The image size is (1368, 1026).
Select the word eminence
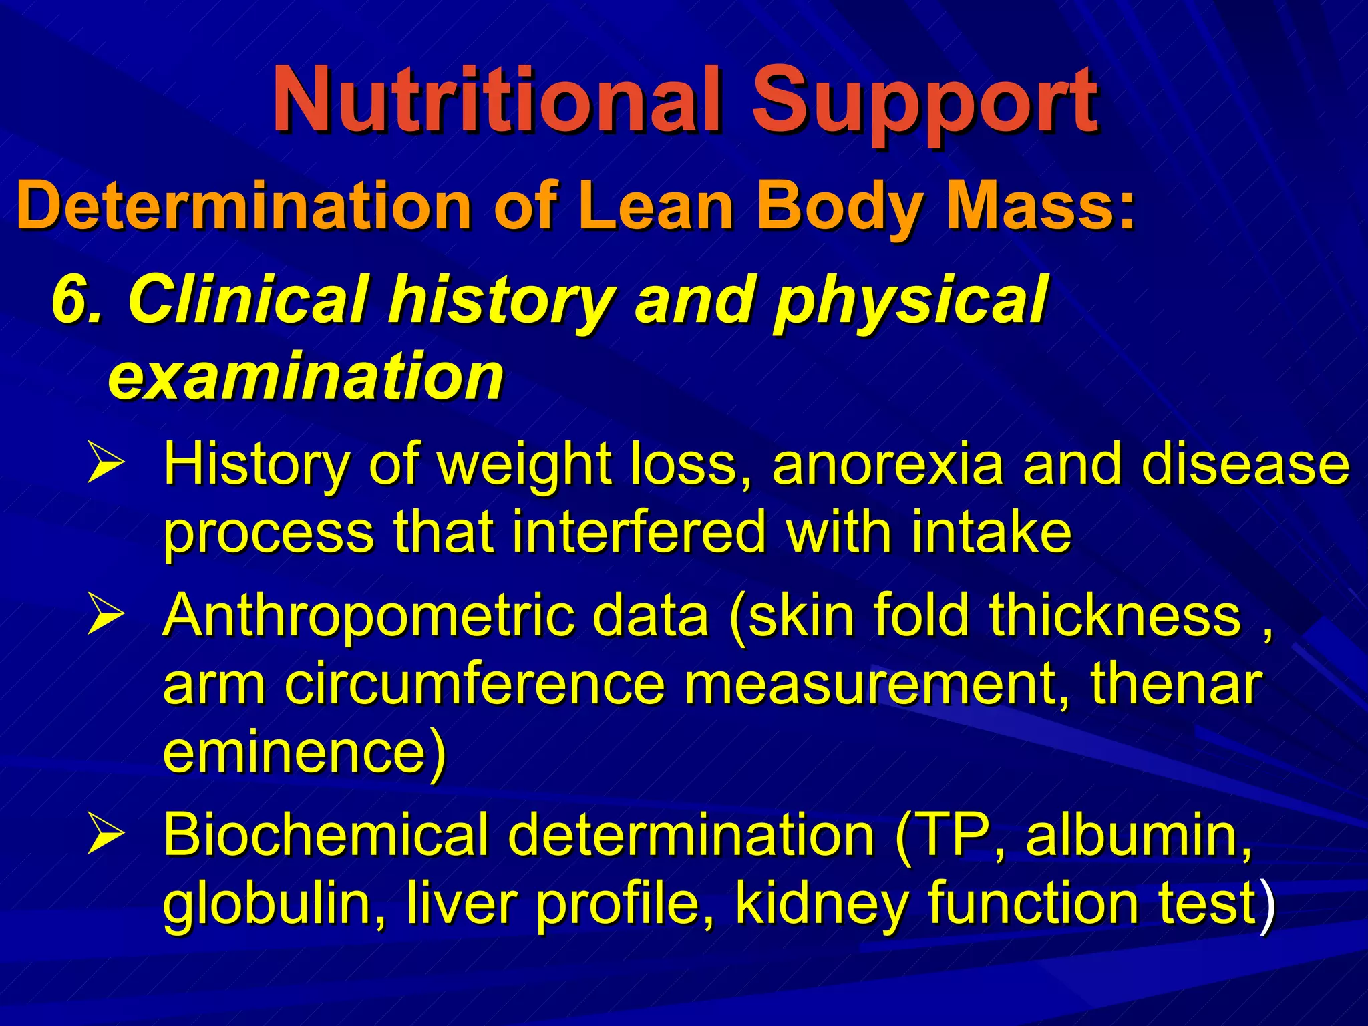pos(295,751)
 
